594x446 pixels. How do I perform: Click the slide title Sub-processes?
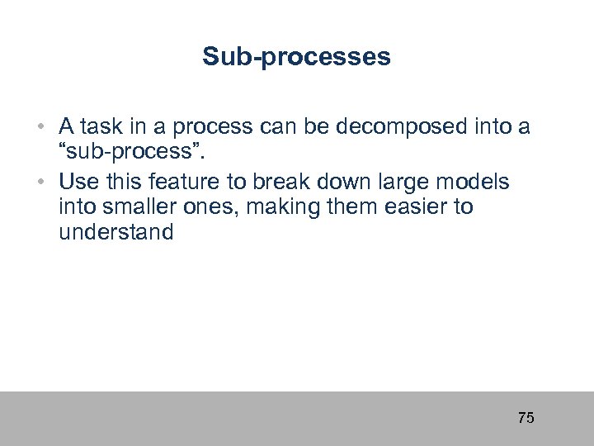coord(296,57)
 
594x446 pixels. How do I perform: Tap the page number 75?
coord(526,418)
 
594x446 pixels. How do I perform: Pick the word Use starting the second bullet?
coord(78,181)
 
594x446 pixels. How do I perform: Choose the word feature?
coord(188,181)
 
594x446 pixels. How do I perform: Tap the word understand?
coord(116,232)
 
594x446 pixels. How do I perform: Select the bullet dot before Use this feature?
coord(40,182)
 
